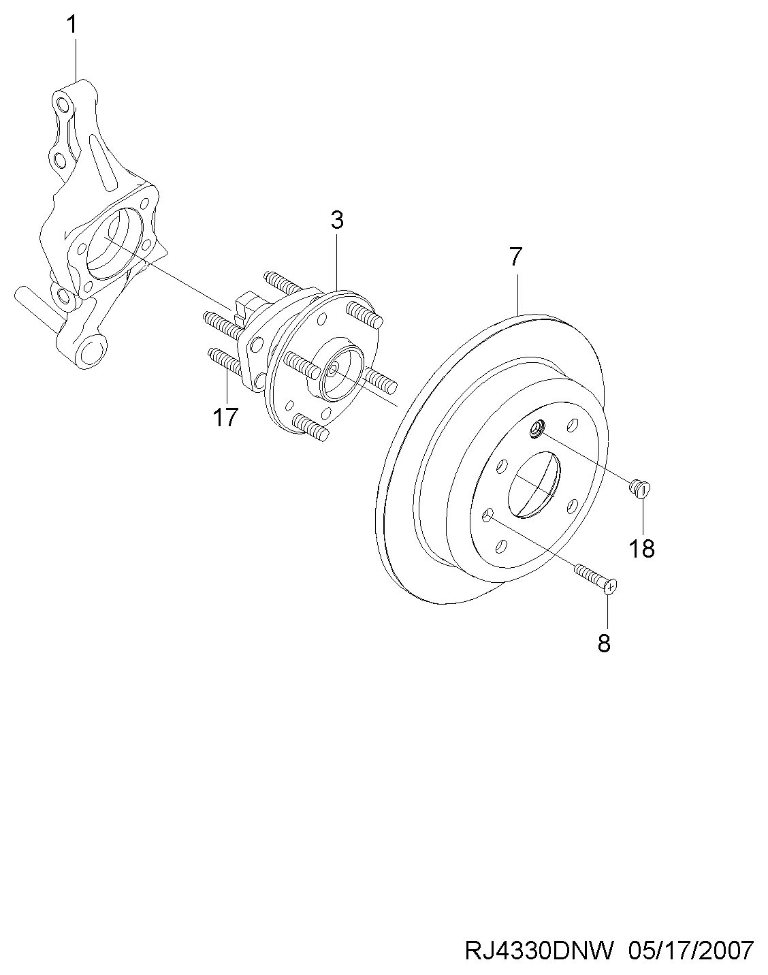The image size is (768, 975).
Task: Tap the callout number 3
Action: (x=336, y=220)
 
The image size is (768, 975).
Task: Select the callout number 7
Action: (x=515, y=257)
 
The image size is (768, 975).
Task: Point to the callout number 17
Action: (x=225, y=417)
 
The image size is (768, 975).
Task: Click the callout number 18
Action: (x=641, y=549)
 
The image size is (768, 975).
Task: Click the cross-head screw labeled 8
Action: (x=596, y=577)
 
